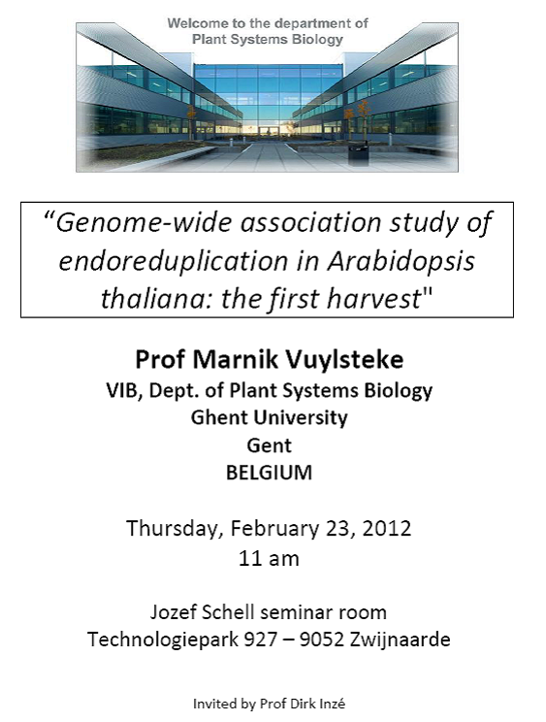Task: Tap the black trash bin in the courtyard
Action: (358, 153)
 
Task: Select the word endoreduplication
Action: (174, 262)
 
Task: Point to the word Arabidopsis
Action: (401, 261)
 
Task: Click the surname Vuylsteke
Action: (343, 359)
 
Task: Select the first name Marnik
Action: (234, 359)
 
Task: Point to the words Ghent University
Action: (269, 417)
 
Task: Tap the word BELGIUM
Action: (269, 473)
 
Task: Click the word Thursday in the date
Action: (175, 529)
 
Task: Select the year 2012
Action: (387, 528)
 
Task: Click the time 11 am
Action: (269, 559)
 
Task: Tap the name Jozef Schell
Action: (202, 612)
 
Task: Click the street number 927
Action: (260, 640)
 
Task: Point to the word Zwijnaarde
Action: (400, 640)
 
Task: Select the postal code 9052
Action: (322, 640)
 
